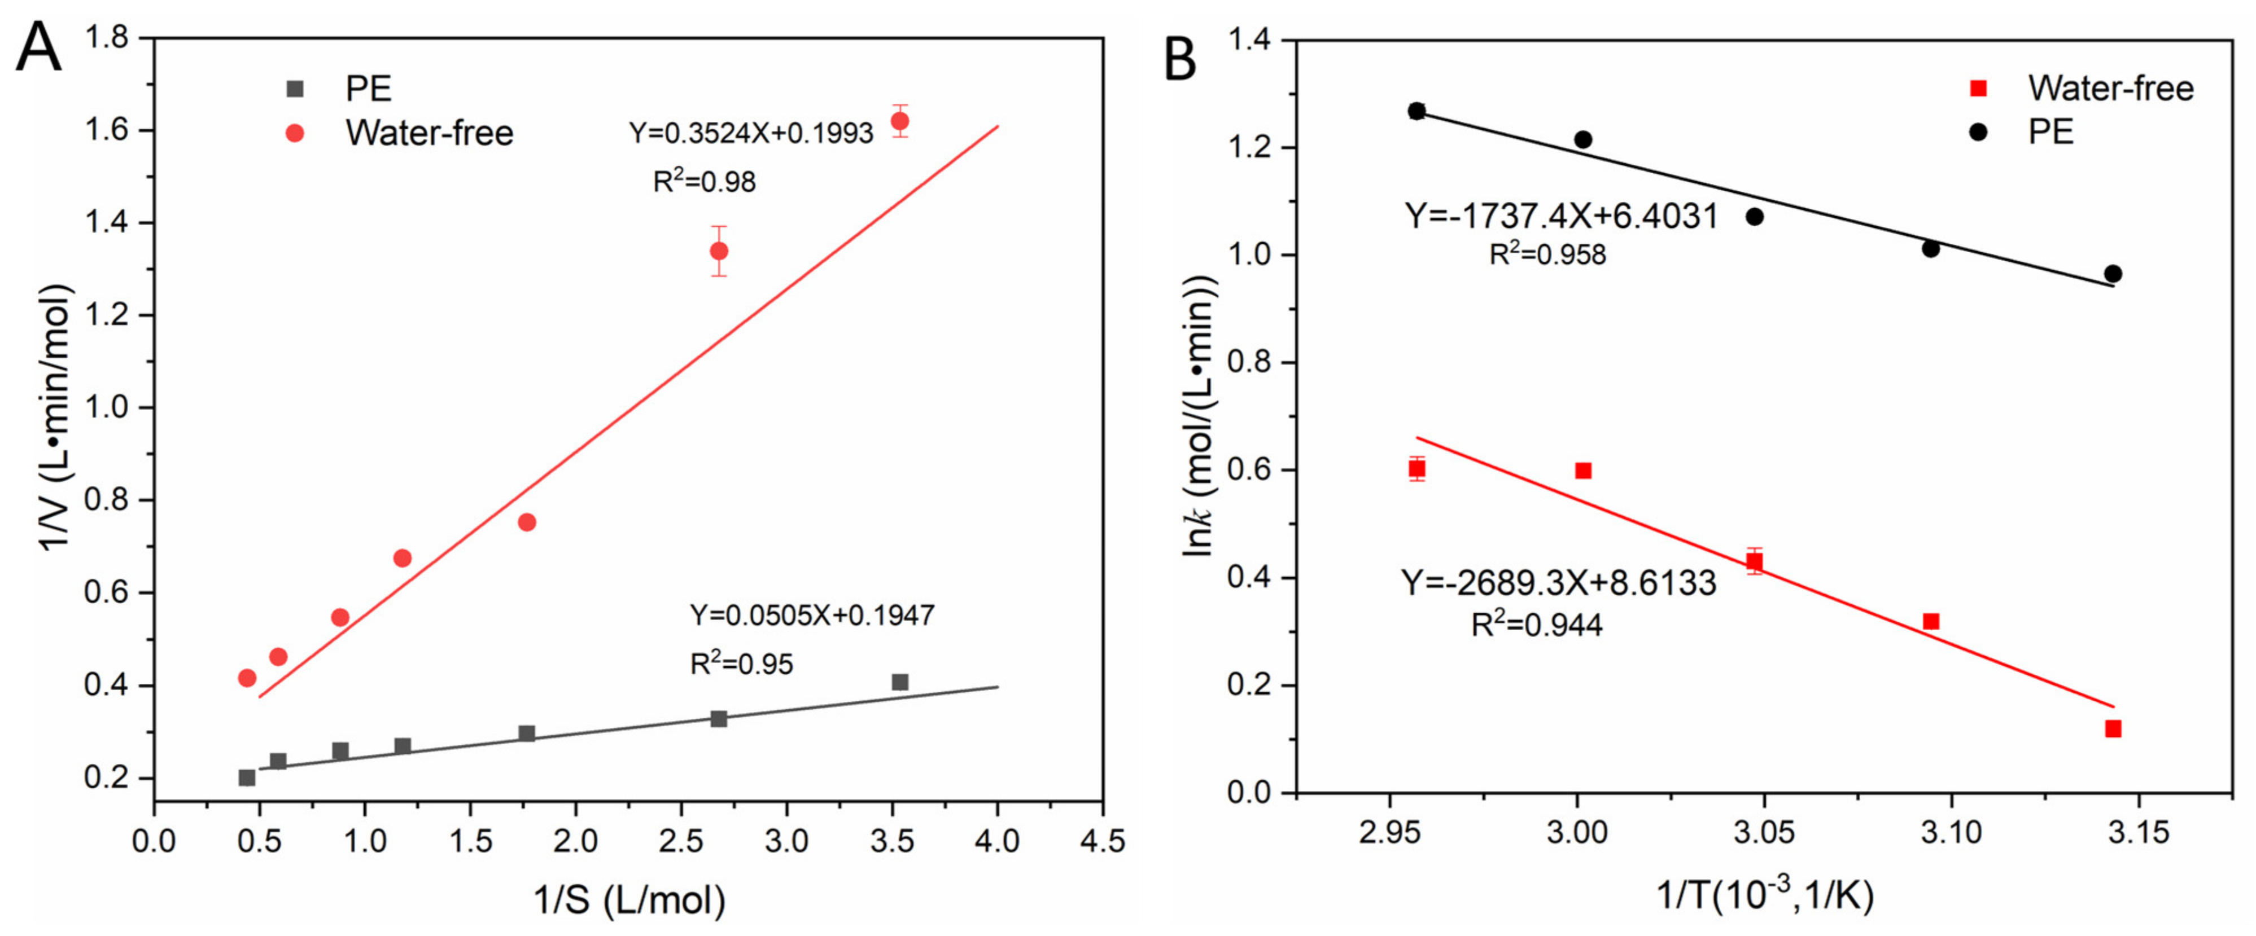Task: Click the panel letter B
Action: click(x=1180, y=60)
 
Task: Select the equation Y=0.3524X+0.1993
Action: click(x=750, y=133)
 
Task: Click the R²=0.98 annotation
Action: click(x=704, y=181)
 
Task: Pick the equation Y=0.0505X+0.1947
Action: click(x=812, y=616)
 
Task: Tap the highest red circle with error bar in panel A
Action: click(x=899, y=121)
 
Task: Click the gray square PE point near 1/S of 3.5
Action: click(x=899, y=682)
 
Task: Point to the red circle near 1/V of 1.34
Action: click(x=718, y=251)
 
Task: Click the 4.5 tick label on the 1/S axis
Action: click(x=1101, y=841)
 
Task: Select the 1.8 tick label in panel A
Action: click(x=106, y=38)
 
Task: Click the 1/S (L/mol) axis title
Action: click(x=629, y=899)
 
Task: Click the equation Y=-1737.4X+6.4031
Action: click(x=1562, y=216)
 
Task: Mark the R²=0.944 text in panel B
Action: click(x=1536, y=625)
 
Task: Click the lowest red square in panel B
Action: click(x=2113, y=728)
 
